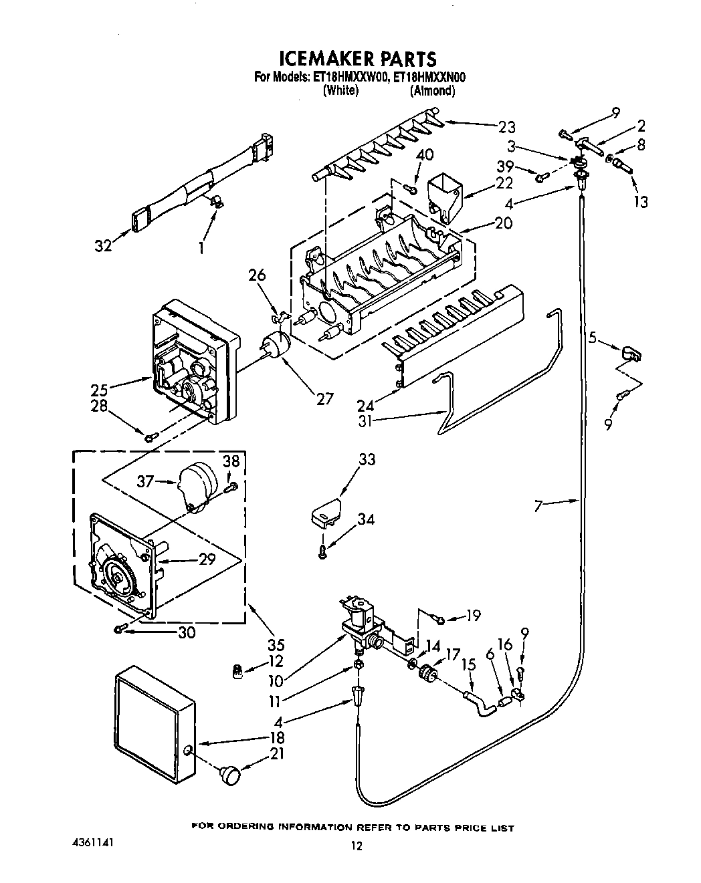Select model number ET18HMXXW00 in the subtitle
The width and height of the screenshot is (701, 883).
click(350, 78)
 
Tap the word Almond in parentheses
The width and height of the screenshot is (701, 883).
click(432, 91)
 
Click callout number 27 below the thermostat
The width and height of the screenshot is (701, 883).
click(324, 399)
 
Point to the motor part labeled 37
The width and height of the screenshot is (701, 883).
click(196, 485)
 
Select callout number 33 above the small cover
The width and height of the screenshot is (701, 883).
click(366, 460)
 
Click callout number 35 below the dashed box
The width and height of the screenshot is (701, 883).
click(276, 645)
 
